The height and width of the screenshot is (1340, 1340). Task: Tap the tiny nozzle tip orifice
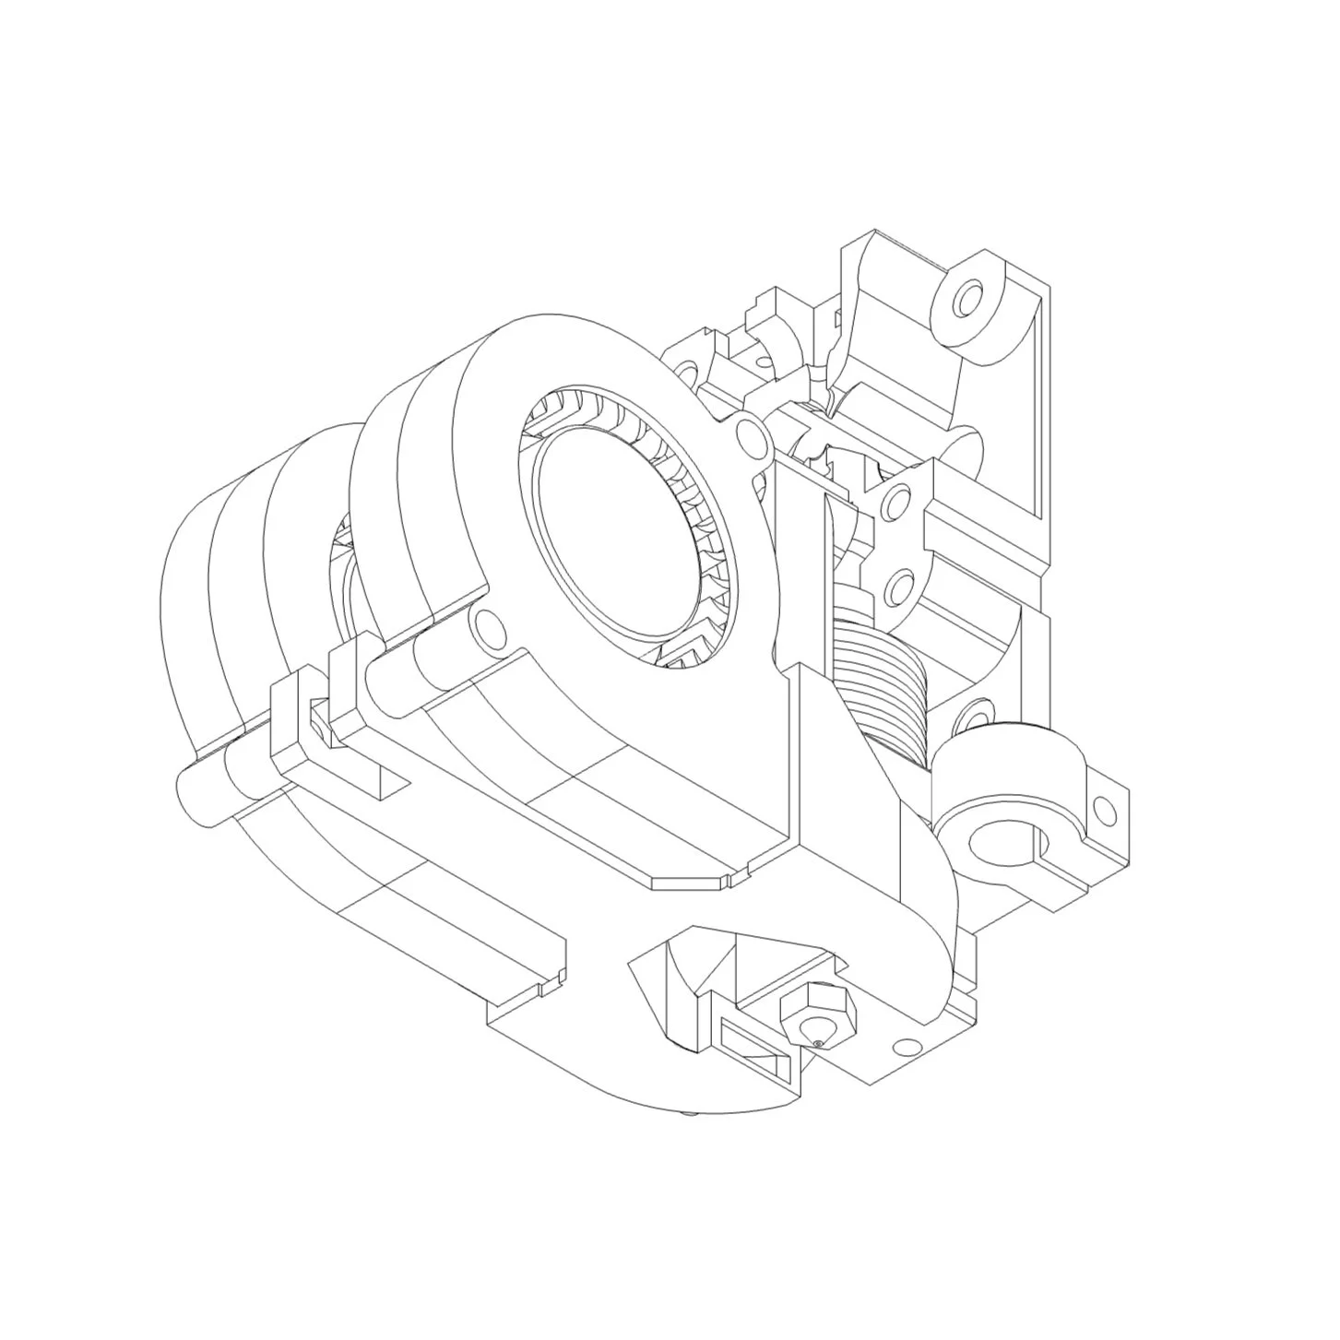tap(818, 1043)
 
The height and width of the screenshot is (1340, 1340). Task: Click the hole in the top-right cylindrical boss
tap(968, 301)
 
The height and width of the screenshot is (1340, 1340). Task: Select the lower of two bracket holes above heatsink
tap(896, 587)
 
